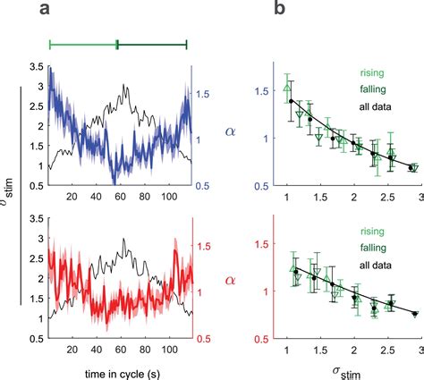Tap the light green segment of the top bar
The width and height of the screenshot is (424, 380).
click(83, 43)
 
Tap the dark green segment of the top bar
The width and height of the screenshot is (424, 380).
click(152, 43)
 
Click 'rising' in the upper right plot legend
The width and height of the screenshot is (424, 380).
click(371, 75)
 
